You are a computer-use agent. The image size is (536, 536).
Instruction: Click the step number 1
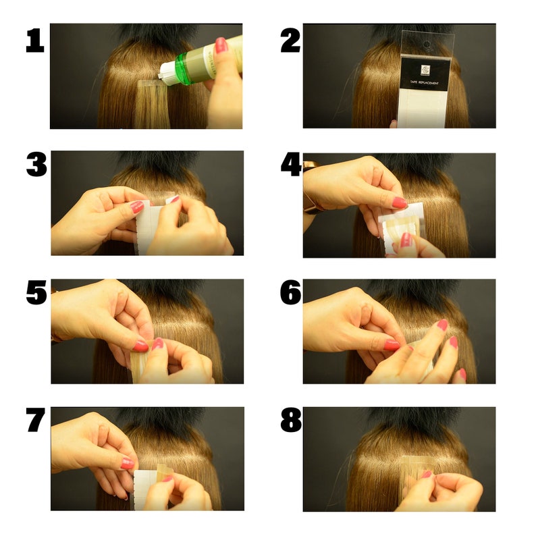tap(35, 41)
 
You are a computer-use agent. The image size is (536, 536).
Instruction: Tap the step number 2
tap(290, 41)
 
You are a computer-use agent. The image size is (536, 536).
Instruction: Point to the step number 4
tap(291, 165)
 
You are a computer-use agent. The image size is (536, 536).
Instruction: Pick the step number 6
tap(291, 293)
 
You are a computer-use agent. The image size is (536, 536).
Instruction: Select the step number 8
tap(291, 421)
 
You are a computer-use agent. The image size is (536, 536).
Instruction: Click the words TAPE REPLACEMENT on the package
tap(423, 83)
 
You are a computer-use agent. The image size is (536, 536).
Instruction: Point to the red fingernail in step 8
tap(426, 474)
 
